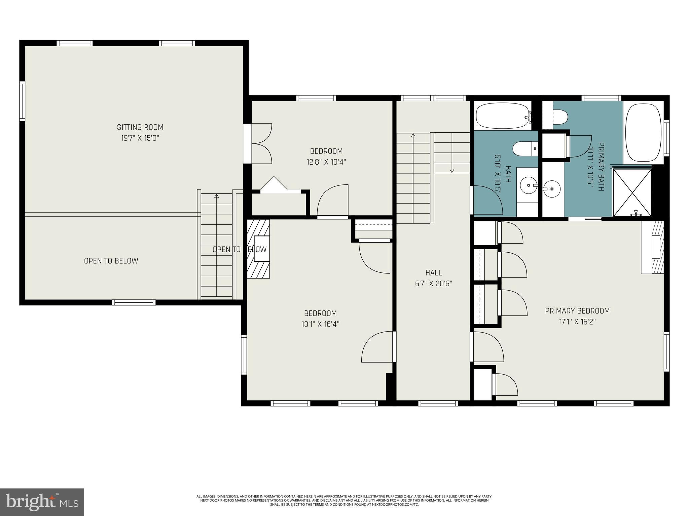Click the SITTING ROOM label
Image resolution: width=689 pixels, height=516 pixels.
click(x=140, y=127)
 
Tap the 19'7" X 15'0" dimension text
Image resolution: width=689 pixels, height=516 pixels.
click(x=140, y=138)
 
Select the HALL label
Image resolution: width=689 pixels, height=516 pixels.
click(x=433, y=273)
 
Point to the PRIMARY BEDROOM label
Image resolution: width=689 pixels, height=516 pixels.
click(x=577, y=311)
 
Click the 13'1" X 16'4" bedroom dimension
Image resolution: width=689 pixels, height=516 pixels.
click(x=320, y=324)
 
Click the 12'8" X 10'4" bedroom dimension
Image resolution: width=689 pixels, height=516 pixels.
click(x=326, y=162)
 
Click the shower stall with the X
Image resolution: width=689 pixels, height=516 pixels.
click(x=632, y=192)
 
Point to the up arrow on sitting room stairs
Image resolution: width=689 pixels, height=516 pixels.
click(x=216, y=196)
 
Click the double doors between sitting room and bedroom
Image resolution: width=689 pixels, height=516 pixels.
click(x=261, y=144)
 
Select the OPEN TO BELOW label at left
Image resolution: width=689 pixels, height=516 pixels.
click(x=111, y=261)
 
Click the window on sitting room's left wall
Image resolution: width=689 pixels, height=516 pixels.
click(x=22, y=101)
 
